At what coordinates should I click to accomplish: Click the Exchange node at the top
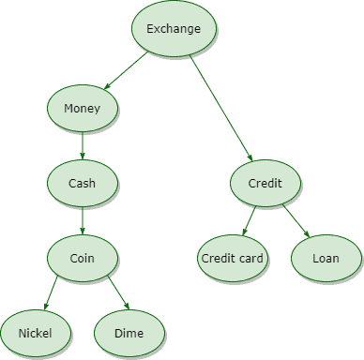[x=174, y=29]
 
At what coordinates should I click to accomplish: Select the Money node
[x=82, y=109]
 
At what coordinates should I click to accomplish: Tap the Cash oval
[x=82, y=181]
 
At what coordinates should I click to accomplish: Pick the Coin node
[x=82, y=256]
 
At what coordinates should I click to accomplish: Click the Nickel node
[x=36, y=332]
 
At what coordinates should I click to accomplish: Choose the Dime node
[x=129, y=332]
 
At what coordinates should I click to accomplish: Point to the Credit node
[x=265, y=182]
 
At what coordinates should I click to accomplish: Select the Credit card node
[x=234, y=257]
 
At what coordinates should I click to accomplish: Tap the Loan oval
[x=326, y=257]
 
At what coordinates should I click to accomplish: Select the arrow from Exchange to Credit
[x=221, y=108]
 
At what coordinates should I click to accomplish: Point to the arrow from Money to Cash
[x=82, y=145]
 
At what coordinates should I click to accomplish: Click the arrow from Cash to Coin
[x=82, y=218]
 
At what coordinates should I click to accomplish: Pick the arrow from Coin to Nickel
[x=56, y=292]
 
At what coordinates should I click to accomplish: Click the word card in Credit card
[x=252, y=257]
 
